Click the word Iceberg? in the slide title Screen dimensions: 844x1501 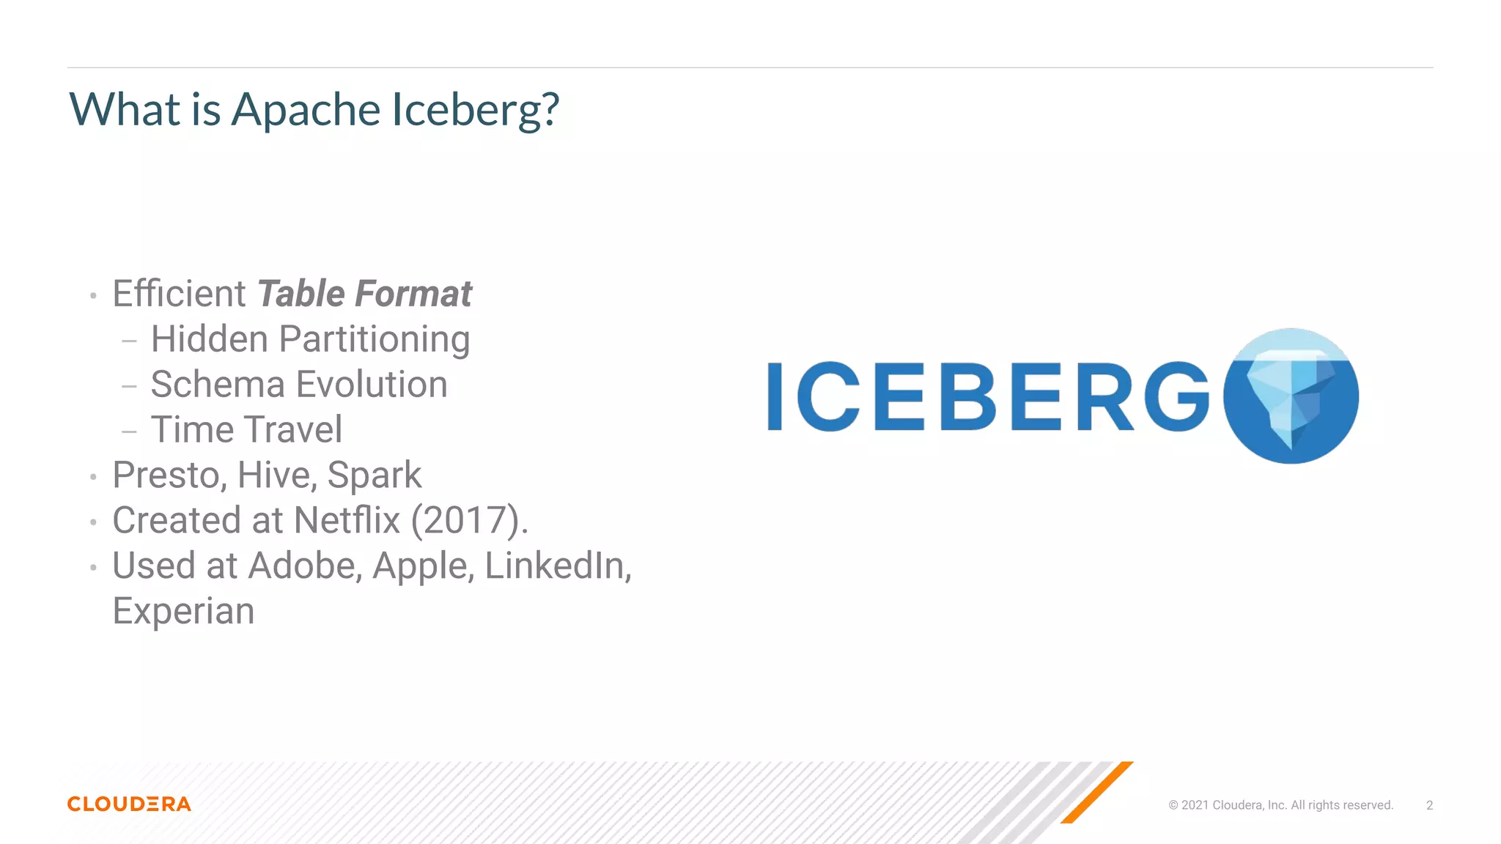pos(475,110)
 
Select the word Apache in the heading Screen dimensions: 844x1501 pos(306,110)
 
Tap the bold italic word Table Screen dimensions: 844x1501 pos(300,294)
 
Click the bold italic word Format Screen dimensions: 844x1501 pos(413,294)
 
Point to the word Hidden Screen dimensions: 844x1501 pos(210,339)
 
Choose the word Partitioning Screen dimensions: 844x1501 pos(375,340)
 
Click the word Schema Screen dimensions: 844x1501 pos(218,385)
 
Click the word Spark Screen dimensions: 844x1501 pos(374,475)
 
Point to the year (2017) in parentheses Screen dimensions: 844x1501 pos(469,521)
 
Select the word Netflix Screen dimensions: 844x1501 pos(347,521)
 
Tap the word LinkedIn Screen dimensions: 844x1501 pos(558,566)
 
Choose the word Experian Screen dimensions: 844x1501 pos(183,611)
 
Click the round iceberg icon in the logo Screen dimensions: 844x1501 pos(1291,396)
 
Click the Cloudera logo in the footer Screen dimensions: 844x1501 pos(129,804)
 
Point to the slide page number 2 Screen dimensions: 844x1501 pos(1429,805)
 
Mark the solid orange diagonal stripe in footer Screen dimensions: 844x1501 pos(1096,793)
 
